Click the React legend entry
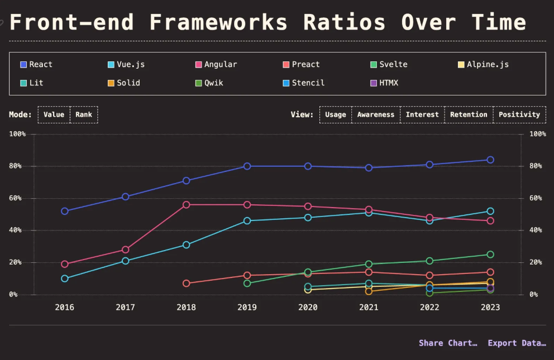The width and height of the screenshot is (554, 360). click(x=36, y=64)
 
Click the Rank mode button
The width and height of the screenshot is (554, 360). click(x=84, y=114)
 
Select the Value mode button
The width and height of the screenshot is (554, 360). click(x=54, y=114)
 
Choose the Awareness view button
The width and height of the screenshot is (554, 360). click(x=375, y=114)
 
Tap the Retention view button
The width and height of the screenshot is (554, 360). click(x=469, y=114)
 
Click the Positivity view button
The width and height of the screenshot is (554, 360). click(x=519, y=114)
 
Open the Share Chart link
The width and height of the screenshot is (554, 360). click(x=448, y=343)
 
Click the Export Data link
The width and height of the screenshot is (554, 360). click(x=517, y=343)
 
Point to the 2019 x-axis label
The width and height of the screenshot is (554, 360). click(x=247, y=308)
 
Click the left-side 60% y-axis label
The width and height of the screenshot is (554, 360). click(x=17, y=198)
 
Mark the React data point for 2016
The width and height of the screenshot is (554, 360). click(x=65, y=211)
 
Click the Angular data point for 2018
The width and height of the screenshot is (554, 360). click(x=186, y=205)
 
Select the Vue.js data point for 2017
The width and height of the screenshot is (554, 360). click(x=126, y=261)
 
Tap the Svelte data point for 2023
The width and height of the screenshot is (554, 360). click(x=490, y=255)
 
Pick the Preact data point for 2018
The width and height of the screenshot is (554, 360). click(x=186, y=283)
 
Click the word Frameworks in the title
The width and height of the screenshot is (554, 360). click(x=218, y=22)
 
